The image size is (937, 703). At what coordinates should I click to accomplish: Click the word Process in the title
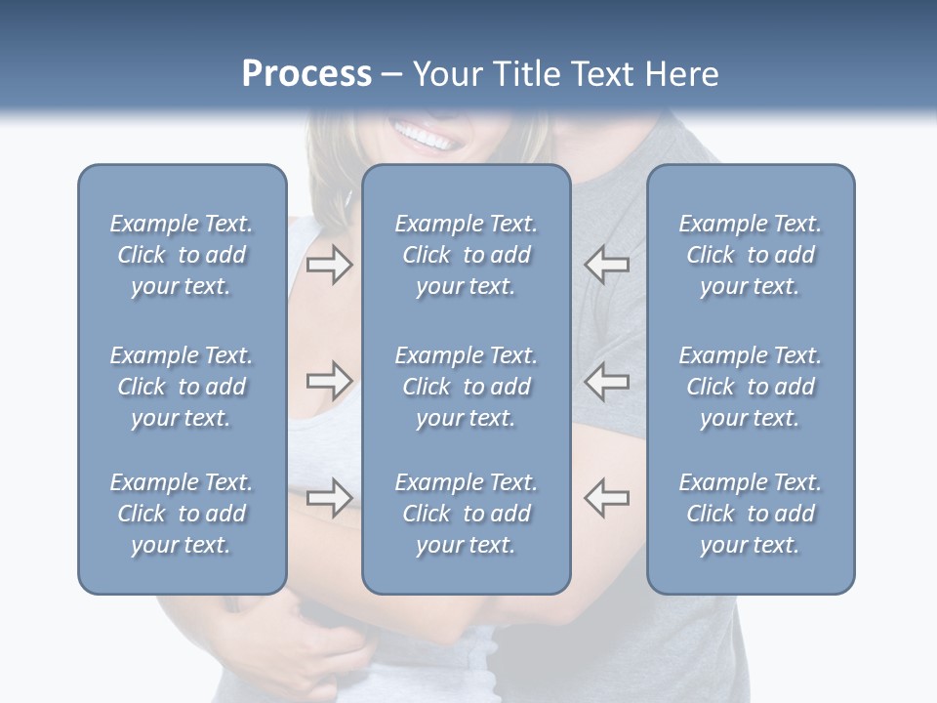[306, 74]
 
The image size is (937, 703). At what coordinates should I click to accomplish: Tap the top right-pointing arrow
[329, 265]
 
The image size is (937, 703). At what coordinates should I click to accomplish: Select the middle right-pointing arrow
[329, 380]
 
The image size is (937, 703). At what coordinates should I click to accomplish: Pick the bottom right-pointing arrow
[329, 497]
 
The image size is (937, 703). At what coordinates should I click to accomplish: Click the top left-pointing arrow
[607, 265]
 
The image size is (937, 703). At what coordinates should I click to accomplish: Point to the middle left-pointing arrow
[607, 380]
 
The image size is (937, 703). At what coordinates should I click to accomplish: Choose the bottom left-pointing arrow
[607, 497]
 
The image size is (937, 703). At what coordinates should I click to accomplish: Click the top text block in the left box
[182, 255]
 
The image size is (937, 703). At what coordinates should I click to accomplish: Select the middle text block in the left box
[182, 387]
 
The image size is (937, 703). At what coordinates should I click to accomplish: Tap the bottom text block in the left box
[182, 514]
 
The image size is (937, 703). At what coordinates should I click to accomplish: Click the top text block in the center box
[467, 255]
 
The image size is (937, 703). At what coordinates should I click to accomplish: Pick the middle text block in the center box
[467, 387]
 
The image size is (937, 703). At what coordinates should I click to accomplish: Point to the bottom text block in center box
[467, 514]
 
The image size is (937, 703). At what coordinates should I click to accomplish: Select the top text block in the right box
[751, 255]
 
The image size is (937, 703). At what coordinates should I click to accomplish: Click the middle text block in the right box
[751, 387]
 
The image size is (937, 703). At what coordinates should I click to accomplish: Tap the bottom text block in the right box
[751, 514]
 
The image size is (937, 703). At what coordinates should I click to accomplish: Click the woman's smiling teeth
[426, 137]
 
